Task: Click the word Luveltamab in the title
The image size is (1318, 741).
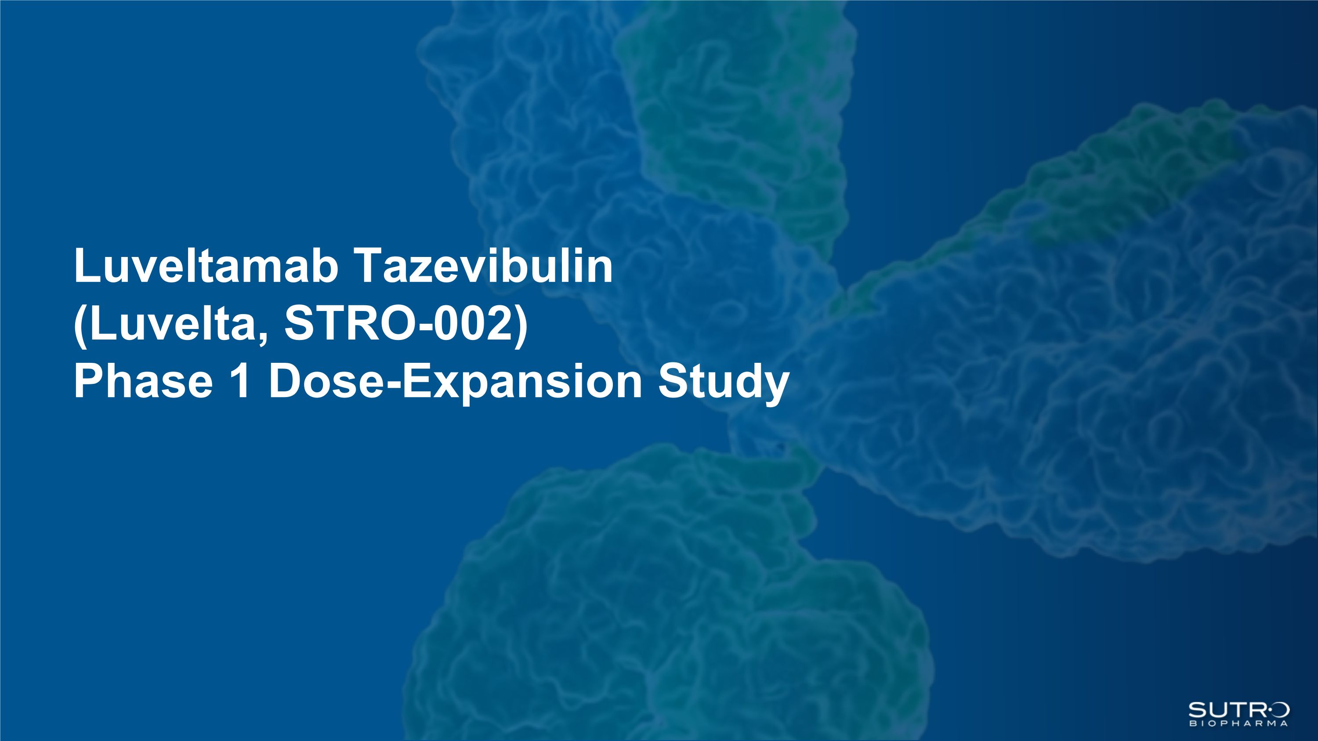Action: tap(206, 265)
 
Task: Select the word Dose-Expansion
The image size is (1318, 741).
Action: tap(455, 383)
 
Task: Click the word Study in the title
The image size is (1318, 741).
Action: tap(724, 383)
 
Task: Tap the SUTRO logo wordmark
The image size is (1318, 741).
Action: tap(1238, 710)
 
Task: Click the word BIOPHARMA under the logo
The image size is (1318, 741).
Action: tap(1238, 723)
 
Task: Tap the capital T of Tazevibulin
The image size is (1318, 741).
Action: tap(369, 265)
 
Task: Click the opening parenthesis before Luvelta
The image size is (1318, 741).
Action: tap(81, 327)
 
